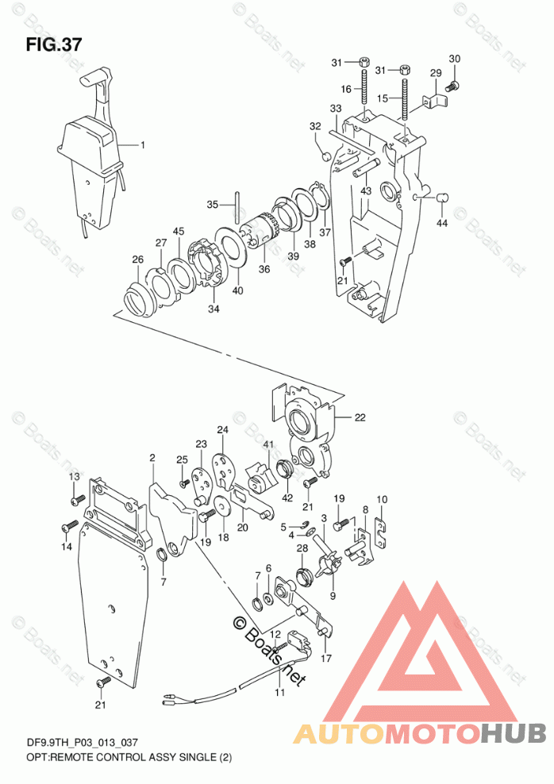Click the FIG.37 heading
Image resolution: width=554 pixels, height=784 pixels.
coord(54,43)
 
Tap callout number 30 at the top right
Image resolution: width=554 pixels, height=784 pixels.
coord(454,59)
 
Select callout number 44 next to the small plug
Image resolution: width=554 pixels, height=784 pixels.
coord(441,223)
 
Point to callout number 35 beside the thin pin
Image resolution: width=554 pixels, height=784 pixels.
coord(212,205)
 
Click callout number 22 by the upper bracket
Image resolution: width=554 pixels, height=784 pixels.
coord(360,417)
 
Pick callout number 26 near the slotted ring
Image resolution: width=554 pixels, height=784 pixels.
coord(137,259)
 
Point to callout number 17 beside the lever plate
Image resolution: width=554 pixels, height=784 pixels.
coord(326,658)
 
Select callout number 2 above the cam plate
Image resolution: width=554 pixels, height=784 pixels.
coord(152,457)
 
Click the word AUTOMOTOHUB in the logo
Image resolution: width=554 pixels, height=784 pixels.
coord(420,732)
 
